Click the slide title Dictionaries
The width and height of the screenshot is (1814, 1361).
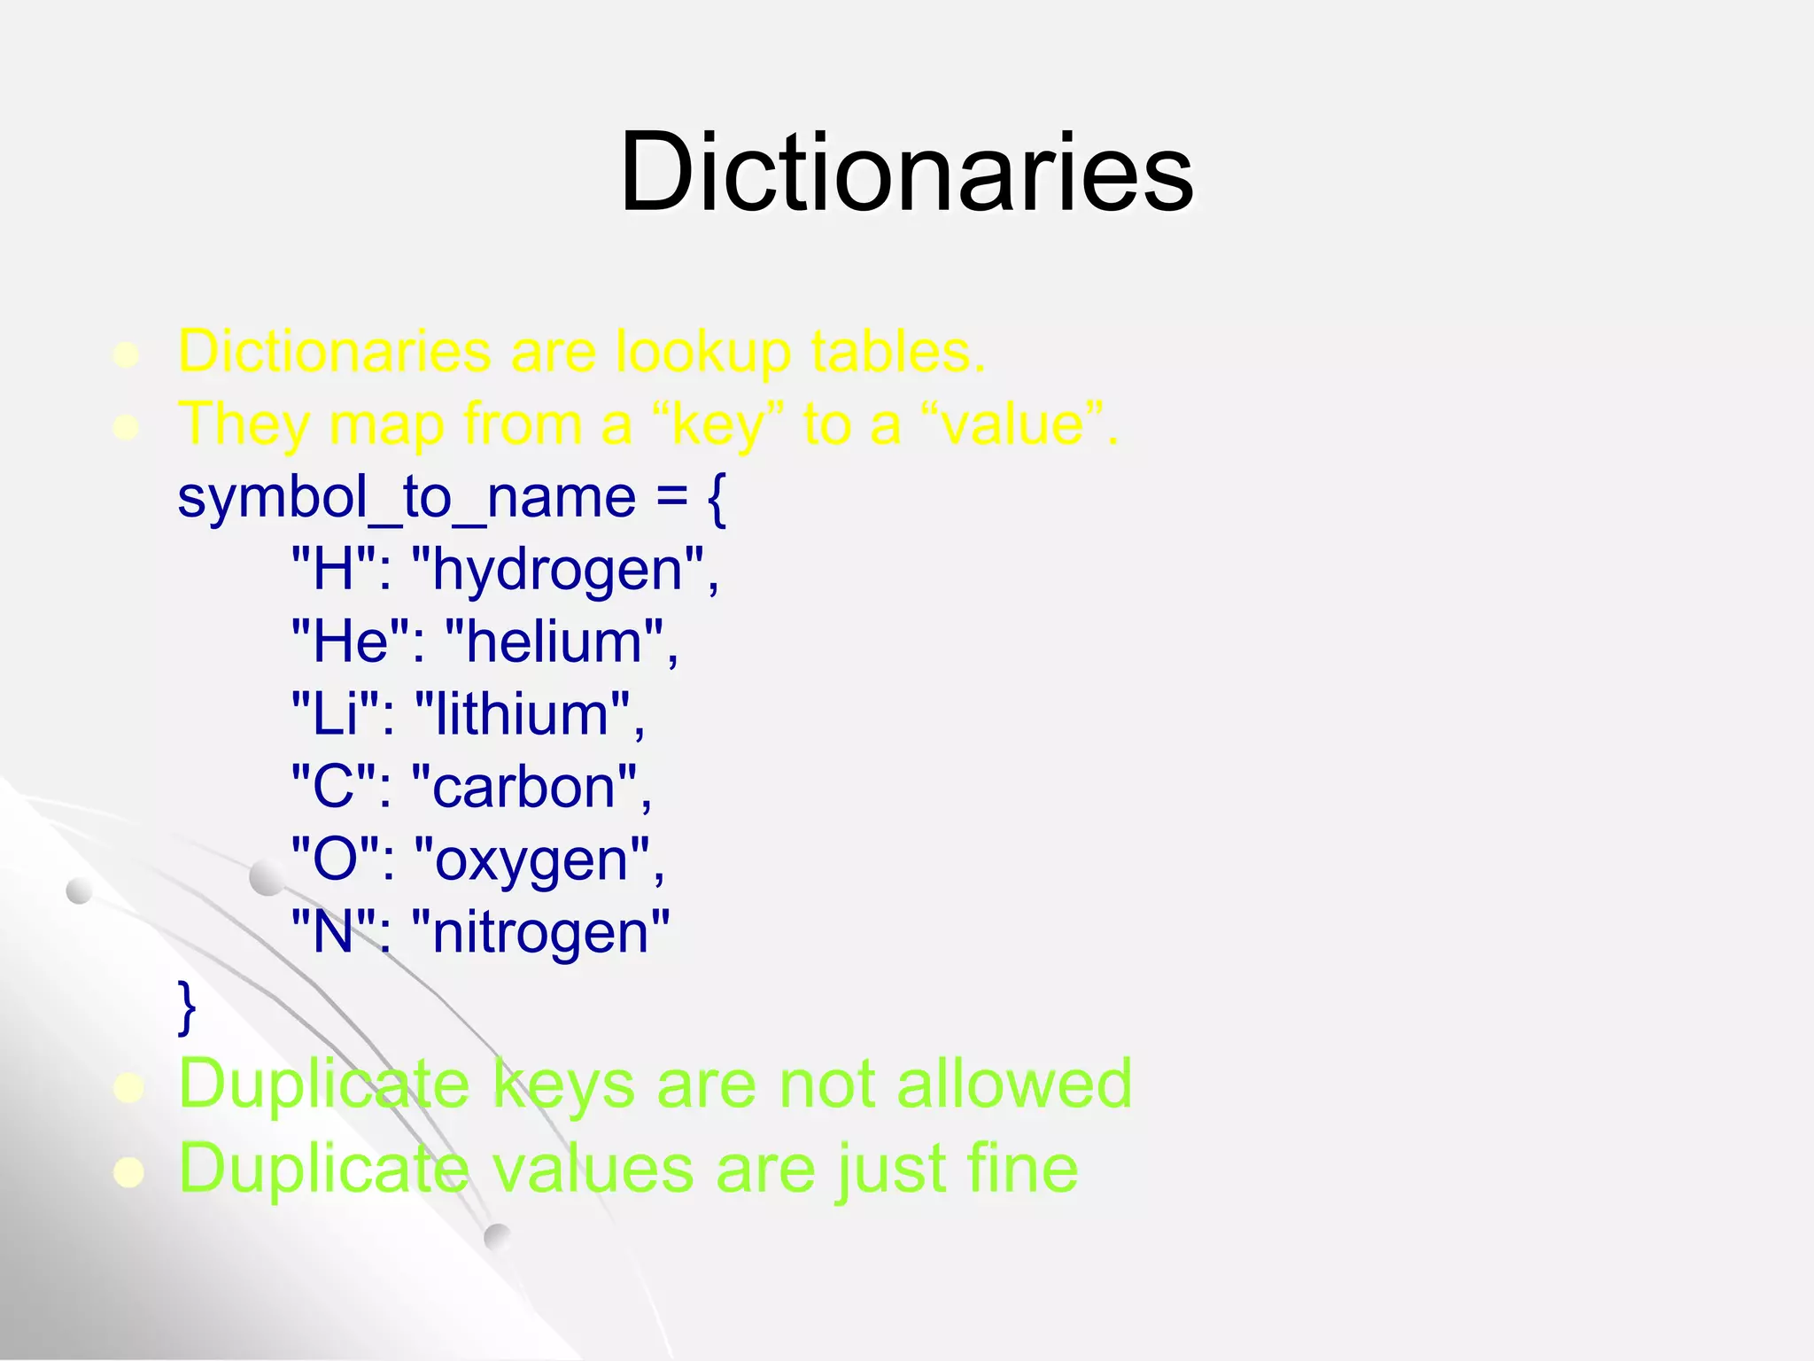pyautogui.click(x=906, y=172)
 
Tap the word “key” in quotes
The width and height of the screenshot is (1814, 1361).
pyautogui.click(x=717, y=425)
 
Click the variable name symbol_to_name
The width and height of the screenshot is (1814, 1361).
pyautogui.click(x=407, y=498)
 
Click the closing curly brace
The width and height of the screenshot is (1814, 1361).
pyautogui.click(x=187, y=1007)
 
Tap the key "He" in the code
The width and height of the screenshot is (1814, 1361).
pyautogui.click(x=351, y=642)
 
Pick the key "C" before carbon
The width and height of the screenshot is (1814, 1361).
pyautogui.click(x=334, y=787)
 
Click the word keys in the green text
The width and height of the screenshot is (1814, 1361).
pyautogui.click(x=563, y=1085)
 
